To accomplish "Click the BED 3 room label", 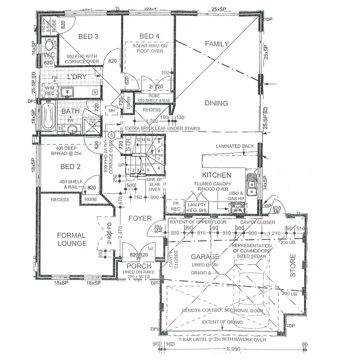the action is [88, 37].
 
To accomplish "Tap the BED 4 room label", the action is [149, 36].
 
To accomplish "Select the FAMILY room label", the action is [217, 44].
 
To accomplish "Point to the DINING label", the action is [216, 103].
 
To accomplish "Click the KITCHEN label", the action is [217, 175].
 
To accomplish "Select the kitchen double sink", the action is [251, 184].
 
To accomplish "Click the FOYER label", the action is [140, 218].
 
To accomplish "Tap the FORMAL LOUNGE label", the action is [72, 239].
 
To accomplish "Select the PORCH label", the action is [139, 266].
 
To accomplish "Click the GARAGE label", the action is [205, 257].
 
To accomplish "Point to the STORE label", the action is [293, 265].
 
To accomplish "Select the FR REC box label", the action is [175, 206].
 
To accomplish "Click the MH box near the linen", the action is [112, 111].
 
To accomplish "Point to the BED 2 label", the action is [70, 167].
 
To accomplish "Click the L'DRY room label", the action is [77, 77].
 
